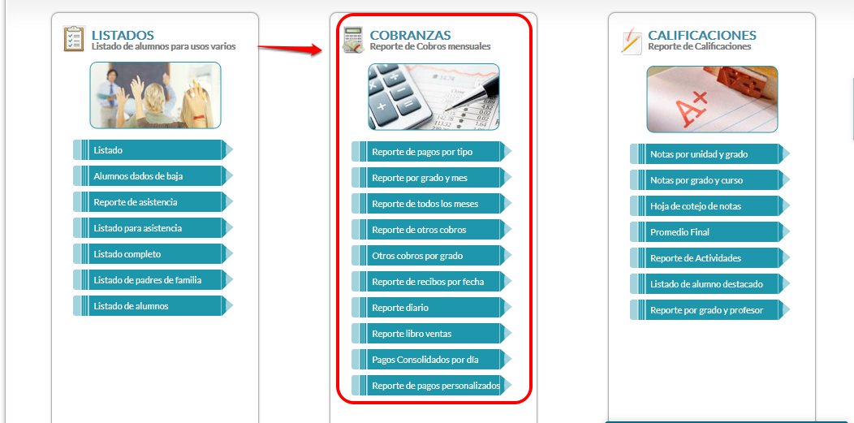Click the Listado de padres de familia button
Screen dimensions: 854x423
coord(148,280)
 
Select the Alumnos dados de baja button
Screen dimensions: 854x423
coord(148,176)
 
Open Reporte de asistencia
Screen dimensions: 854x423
coord(148,202)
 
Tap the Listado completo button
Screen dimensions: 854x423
coord(148,254)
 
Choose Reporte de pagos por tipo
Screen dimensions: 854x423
coord(426,152)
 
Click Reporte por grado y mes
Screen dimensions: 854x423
coord(426,178)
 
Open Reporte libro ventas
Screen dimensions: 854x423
coord(426,334)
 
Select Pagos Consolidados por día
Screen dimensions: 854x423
coord(426,360)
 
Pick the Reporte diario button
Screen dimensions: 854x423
coord(426,308)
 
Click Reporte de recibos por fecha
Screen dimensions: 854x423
coord(426,282)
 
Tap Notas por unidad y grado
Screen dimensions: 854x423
coord(705,154)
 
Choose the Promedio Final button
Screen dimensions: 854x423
coord(705,232)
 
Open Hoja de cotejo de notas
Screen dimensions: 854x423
coord(705,206)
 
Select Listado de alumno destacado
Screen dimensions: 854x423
coord(705,284)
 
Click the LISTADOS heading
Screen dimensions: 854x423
coord(123,36)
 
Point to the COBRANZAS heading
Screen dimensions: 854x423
coord(410,36)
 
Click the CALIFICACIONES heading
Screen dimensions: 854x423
coord(701,36)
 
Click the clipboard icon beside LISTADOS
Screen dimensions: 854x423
coord(74,39)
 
